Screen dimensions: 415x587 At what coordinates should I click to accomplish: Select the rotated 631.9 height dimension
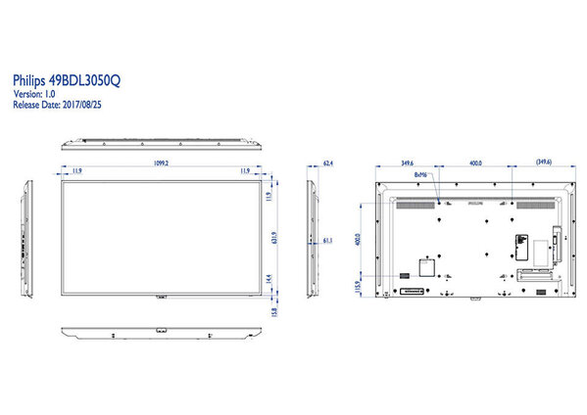click(x=279, y=237)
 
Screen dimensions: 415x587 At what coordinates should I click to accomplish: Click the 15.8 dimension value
click(x=279, y=311)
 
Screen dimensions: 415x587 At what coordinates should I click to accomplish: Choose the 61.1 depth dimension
click(x=328, y=239)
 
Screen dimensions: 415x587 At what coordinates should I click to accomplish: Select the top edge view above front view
click(x=162, y=143)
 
